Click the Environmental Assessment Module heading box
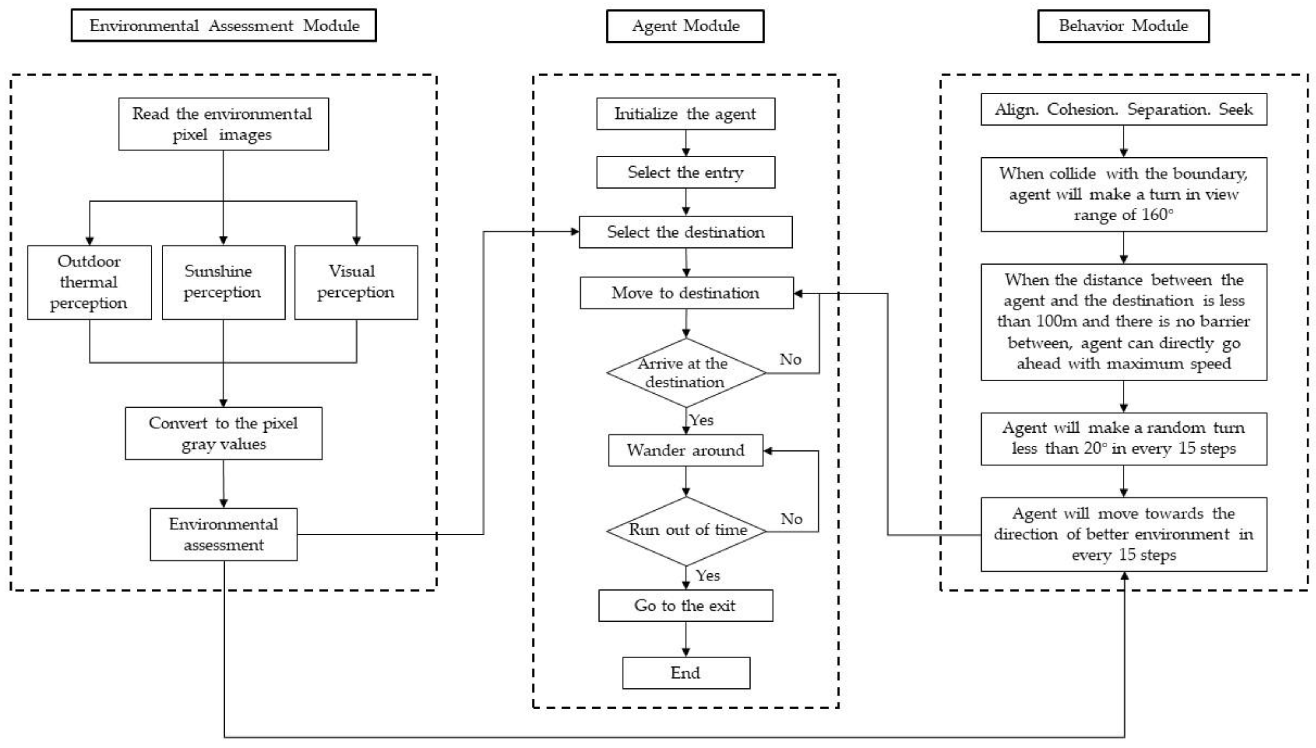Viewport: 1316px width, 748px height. (x=223, y=25)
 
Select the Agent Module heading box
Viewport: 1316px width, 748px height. (x=685, y=26)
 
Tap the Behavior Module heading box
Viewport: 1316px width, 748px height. (x=1123, y=26)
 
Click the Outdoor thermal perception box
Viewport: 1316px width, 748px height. (x=89, y=282)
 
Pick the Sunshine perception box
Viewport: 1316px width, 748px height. (x=223, y=282)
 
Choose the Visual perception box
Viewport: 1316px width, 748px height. (x=356, y=282)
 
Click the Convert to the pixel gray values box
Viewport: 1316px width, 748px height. (x=224, y=433)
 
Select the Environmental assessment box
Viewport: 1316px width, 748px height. (x=224, y=534)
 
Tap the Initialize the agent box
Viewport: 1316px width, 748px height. (x=686, y=113)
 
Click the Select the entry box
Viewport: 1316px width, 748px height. (x=686, y=172)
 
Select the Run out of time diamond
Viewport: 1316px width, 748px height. (x=686, y=531)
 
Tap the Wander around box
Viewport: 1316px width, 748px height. (x=686, y=450)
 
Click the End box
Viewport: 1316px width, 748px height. (x=686, y=673)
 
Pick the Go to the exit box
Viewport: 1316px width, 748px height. (x=686, y=606)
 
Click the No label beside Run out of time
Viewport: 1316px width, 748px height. (x=791, y=519)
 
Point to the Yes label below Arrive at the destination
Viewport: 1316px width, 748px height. (x=702, y=420)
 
